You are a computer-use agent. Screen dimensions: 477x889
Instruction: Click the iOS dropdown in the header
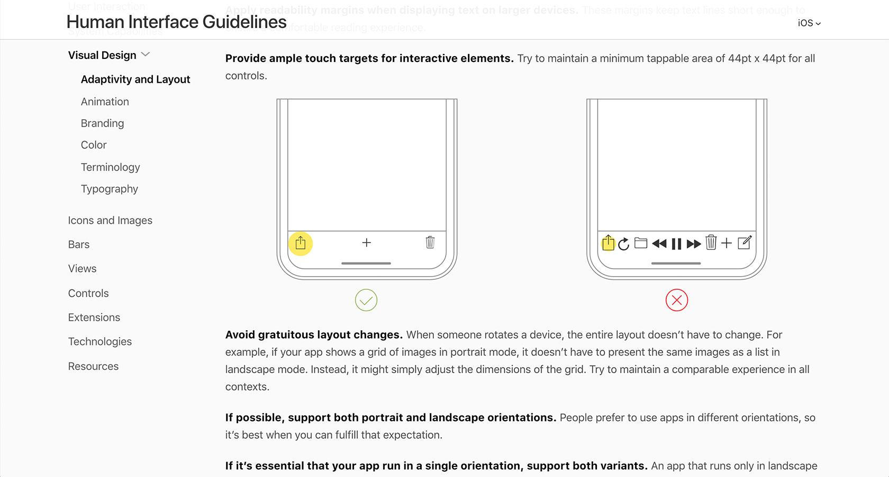click(809, 23)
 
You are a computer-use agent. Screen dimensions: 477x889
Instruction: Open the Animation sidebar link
click(105, 102)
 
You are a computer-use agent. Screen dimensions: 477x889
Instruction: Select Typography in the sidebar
click(109, 189)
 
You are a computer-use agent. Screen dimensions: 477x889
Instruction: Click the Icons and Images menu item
click(110, 220)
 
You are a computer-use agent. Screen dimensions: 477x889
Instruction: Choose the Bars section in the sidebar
click(79, 245)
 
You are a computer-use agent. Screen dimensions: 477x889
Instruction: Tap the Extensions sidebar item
click(94, 317)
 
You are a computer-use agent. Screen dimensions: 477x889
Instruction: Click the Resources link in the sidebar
click(93, 366)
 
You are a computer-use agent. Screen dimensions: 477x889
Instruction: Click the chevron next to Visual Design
click(146, 55)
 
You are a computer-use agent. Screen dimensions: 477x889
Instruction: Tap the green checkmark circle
click(366, 300)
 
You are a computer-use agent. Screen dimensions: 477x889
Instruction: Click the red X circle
click(676, 300)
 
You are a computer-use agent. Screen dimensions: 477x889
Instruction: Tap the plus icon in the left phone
click(366, 243)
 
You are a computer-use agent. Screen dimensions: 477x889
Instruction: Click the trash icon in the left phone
click(430, 242)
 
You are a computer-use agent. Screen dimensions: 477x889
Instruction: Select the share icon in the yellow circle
click(301, 243)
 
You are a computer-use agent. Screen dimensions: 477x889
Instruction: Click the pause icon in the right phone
click(676, 244)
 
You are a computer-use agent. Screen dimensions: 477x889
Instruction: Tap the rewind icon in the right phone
click(659, 244)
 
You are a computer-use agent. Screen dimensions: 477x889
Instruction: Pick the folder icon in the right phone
click(641, 243)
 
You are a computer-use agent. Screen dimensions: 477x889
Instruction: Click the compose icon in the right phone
click(744, 243)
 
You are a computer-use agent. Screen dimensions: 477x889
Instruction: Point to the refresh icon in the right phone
click(624, 244)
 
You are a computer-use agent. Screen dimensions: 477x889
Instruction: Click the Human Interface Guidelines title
click(177, 22)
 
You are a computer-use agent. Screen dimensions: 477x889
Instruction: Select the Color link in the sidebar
click(94, 145)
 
